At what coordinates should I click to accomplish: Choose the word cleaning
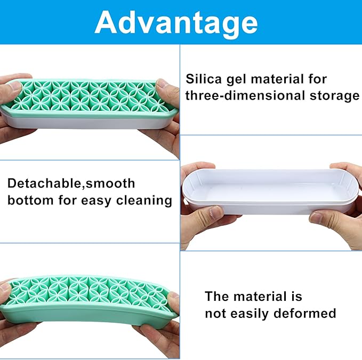click(144, 201)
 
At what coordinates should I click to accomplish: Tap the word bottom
click(30, 200)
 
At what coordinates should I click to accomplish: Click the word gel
click(236, 80)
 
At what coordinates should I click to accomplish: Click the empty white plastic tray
click(270, 191)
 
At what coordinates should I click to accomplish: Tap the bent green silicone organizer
click(89, 300)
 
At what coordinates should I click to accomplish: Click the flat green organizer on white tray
click(89, 104)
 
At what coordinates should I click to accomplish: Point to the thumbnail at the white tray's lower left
click(216, 212)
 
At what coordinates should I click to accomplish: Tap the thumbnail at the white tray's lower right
click(316, 218)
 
